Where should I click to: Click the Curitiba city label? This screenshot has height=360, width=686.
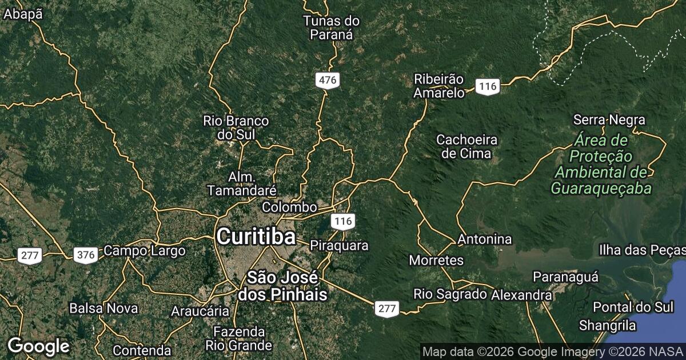coord(256,237)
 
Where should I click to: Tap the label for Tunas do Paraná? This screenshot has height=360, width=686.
coord(332,28)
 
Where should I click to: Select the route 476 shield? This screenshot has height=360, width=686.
coord(328,81)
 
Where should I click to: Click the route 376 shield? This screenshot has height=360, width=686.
coord(86,255)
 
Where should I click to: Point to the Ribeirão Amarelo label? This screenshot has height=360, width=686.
coord(439,86)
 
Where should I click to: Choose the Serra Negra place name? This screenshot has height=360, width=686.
coord(609,120)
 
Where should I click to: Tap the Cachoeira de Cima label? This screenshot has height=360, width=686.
coord(466,146)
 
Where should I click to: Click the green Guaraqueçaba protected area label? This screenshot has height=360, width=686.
coord(601,164)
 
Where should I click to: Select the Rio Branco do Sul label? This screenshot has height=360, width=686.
coord(236,127)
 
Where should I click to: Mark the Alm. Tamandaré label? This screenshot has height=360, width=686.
coord(243,183)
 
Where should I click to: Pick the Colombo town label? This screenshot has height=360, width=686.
coord(289,207)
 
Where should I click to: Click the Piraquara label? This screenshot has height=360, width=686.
coord(339,246)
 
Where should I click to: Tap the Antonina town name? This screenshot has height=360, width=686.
coord(485,239)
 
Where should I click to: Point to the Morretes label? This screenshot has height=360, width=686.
coord(436,261)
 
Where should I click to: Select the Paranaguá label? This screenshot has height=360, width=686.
coord(565,277)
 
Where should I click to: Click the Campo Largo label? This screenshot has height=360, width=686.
coord(145,251)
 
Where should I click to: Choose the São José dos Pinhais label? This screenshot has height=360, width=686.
coord(283,286)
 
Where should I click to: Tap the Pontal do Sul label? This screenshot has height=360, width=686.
coord(633,307)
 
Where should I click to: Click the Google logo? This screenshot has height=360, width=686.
coord(38,346)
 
